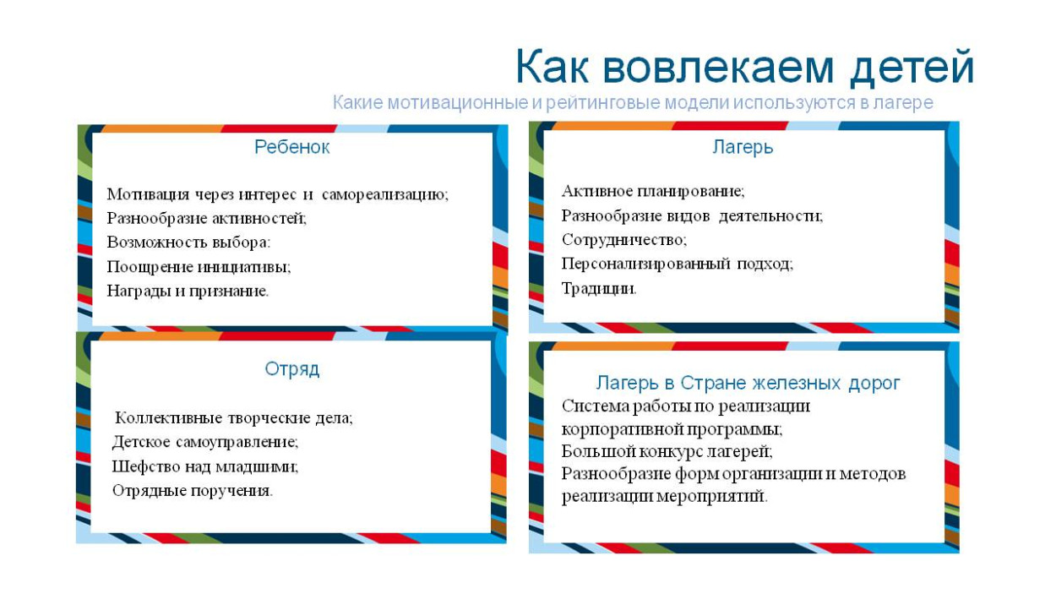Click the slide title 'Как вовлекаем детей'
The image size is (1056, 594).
[744, 68]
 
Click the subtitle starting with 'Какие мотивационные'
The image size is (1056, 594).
[633, 103]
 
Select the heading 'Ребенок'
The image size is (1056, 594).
[291, 147]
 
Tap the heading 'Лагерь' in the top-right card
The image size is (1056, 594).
[743, 147]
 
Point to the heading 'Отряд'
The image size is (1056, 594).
[291, 369]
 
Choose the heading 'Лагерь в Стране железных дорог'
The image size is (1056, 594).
[748, 383]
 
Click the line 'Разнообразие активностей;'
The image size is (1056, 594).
[207, 218]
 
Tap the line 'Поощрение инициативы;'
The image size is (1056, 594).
[199, 266]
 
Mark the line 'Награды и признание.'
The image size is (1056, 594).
[188, 290]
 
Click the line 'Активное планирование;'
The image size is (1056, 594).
[653, 192]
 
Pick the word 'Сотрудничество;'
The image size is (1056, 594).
[624, 240]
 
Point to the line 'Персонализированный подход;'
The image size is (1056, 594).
[678, 264]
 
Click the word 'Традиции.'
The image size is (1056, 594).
[599, 288]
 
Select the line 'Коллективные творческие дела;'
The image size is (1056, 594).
[234, 417]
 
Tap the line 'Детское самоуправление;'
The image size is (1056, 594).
[205, 441]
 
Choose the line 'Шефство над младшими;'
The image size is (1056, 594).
[205, 466]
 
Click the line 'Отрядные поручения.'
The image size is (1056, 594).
[193, 490]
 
